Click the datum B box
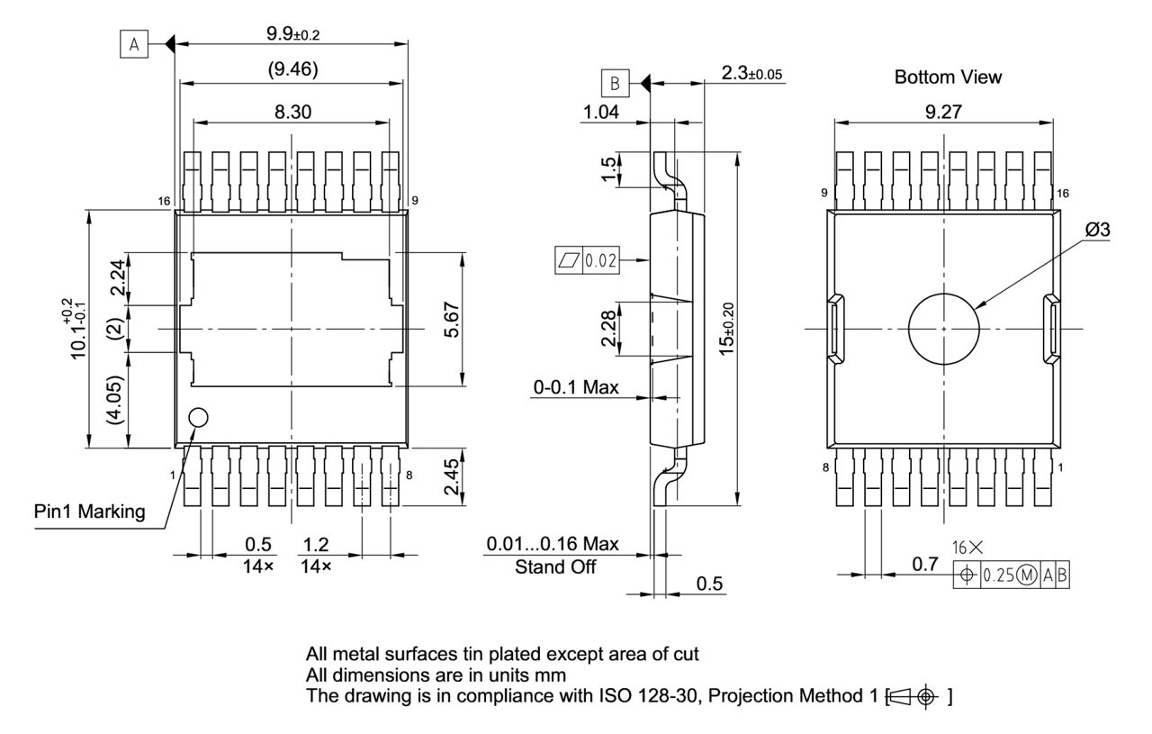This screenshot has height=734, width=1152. point(615,84)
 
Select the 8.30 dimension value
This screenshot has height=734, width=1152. point(291,111)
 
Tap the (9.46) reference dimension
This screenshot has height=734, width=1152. point(291,69)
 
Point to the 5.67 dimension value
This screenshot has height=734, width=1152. point(454,319)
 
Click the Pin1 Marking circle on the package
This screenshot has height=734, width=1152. point(198,417)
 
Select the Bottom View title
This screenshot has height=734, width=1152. point(947,77)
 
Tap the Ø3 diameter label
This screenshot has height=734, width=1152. point(1097,231)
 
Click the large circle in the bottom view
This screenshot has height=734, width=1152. point(943,329)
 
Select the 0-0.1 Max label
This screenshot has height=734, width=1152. point(577,387)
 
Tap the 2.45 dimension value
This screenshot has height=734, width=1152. point(453,476)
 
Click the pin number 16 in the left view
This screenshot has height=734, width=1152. point(164,201)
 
